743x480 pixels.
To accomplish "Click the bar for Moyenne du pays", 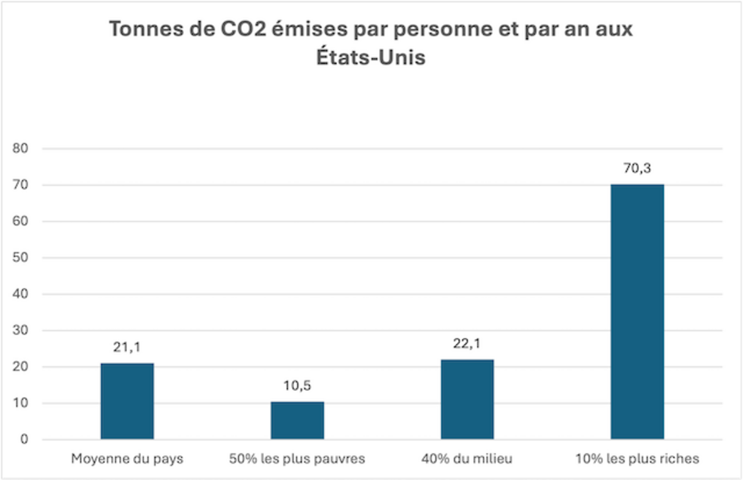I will pos(127,401).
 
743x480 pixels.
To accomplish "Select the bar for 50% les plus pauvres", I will pos(297,421).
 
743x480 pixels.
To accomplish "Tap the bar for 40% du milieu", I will pos(467,400).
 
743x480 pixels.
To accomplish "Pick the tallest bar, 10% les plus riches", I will pos(637,312).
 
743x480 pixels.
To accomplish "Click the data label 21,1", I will pos(127,347).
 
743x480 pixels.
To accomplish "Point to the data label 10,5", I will pos(297,386).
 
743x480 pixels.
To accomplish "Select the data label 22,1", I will pos(466,344).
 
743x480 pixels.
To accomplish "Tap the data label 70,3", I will pos(637,168).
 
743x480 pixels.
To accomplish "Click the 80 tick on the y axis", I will pos(20,148).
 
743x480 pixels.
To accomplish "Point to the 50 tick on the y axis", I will pos(20,258).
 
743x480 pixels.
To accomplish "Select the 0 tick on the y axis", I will pos(24,439).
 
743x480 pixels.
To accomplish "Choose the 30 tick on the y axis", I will pos(20,330).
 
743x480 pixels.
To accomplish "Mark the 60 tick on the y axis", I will pos(20,221).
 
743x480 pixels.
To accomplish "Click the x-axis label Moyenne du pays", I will pos(127,459).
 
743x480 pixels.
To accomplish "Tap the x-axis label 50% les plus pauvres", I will pos(297,459).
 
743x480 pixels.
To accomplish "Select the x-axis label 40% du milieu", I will pos(467,459).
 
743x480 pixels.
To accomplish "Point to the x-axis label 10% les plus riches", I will pos(637,459).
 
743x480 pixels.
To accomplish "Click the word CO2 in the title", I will pos(243,29).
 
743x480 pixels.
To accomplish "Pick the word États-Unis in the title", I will pos(371,57).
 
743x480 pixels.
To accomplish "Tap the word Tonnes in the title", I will pos(146,29).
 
